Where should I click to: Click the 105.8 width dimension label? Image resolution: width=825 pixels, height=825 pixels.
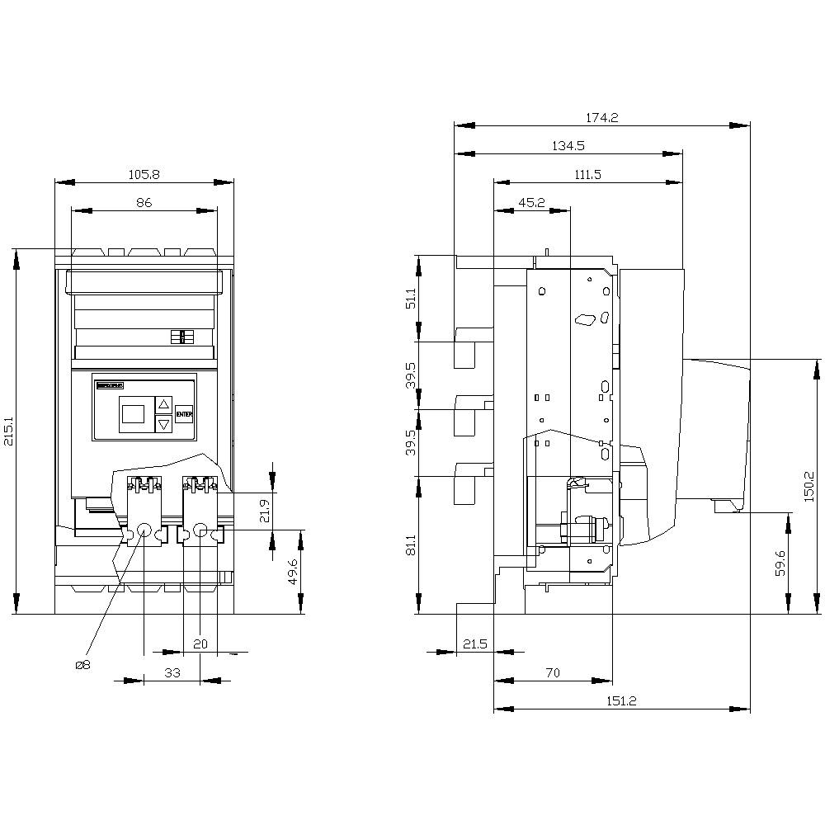tap(144, 174)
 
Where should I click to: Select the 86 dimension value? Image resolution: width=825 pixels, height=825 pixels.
tap(144, 202)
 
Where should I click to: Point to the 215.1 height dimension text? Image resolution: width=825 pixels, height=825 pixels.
tap(9, 431)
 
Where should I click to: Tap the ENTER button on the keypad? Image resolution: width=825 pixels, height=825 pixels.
tap(184, 415)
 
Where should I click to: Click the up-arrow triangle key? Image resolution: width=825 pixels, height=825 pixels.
tap(163, 404)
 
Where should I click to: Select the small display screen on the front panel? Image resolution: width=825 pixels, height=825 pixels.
tap(133, 414)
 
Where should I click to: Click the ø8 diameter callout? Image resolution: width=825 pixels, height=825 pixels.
tap(82, 665)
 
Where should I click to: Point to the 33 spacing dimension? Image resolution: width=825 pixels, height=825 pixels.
tap(172, 672)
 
